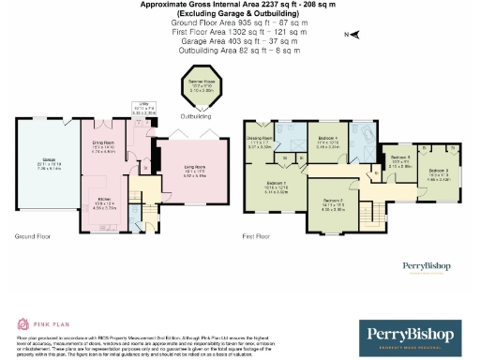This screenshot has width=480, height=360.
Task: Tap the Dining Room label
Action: (x=102, y=147)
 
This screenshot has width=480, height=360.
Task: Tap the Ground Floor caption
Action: (x=31, y=237)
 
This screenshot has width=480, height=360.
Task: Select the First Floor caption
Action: (x=258, y=237)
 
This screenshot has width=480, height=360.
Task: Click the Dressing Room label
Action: (x=260, y=143)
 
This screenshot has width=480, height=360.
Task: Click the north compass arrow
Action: (x=355, y=35)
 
